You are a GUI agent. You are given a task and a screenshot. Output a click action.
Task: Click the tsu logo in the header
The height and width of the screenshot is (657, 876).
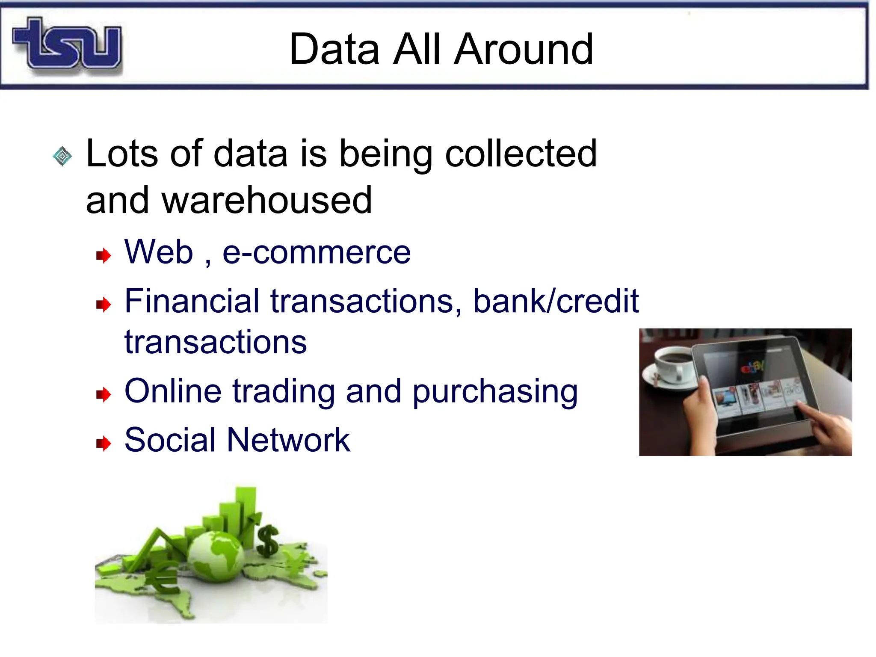68,44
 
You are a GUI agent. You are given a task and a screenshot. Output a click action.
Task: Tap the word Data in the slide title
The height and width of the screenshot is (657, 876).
334,50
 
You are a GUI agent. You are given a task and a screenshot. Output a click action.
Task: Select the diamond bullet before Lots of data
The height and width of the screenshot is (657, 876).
62,156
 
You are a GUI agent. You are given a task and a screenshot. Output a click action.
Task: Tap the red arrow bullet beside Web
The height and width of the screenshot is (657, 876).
104,256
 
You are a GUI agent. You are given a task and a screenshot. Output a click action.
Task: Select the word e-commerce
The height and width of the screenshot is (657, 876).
317,252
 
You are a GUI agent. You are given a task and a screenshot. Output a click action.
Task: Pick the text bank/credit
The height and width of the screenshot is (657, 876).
556,301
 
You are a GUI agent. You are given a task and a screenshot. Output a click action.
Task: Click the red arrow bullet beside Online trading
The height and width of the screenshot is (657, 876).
104,394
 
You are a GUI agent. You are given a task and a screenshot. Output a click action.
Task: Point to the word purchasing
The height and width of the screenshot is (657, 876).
495,392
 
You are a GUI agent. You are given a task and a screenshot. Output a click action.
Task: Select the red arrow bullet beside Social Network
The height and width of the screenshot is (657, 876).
104,444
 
